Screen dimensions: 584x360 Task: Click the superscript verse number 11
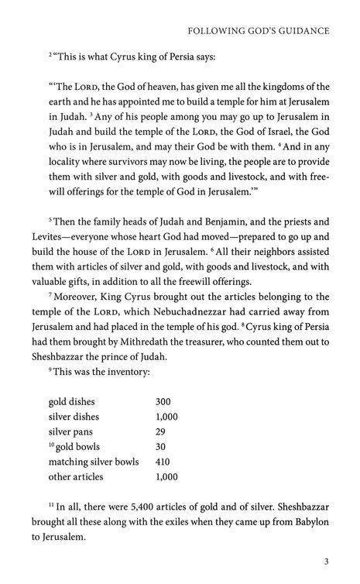pos(50,503)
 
